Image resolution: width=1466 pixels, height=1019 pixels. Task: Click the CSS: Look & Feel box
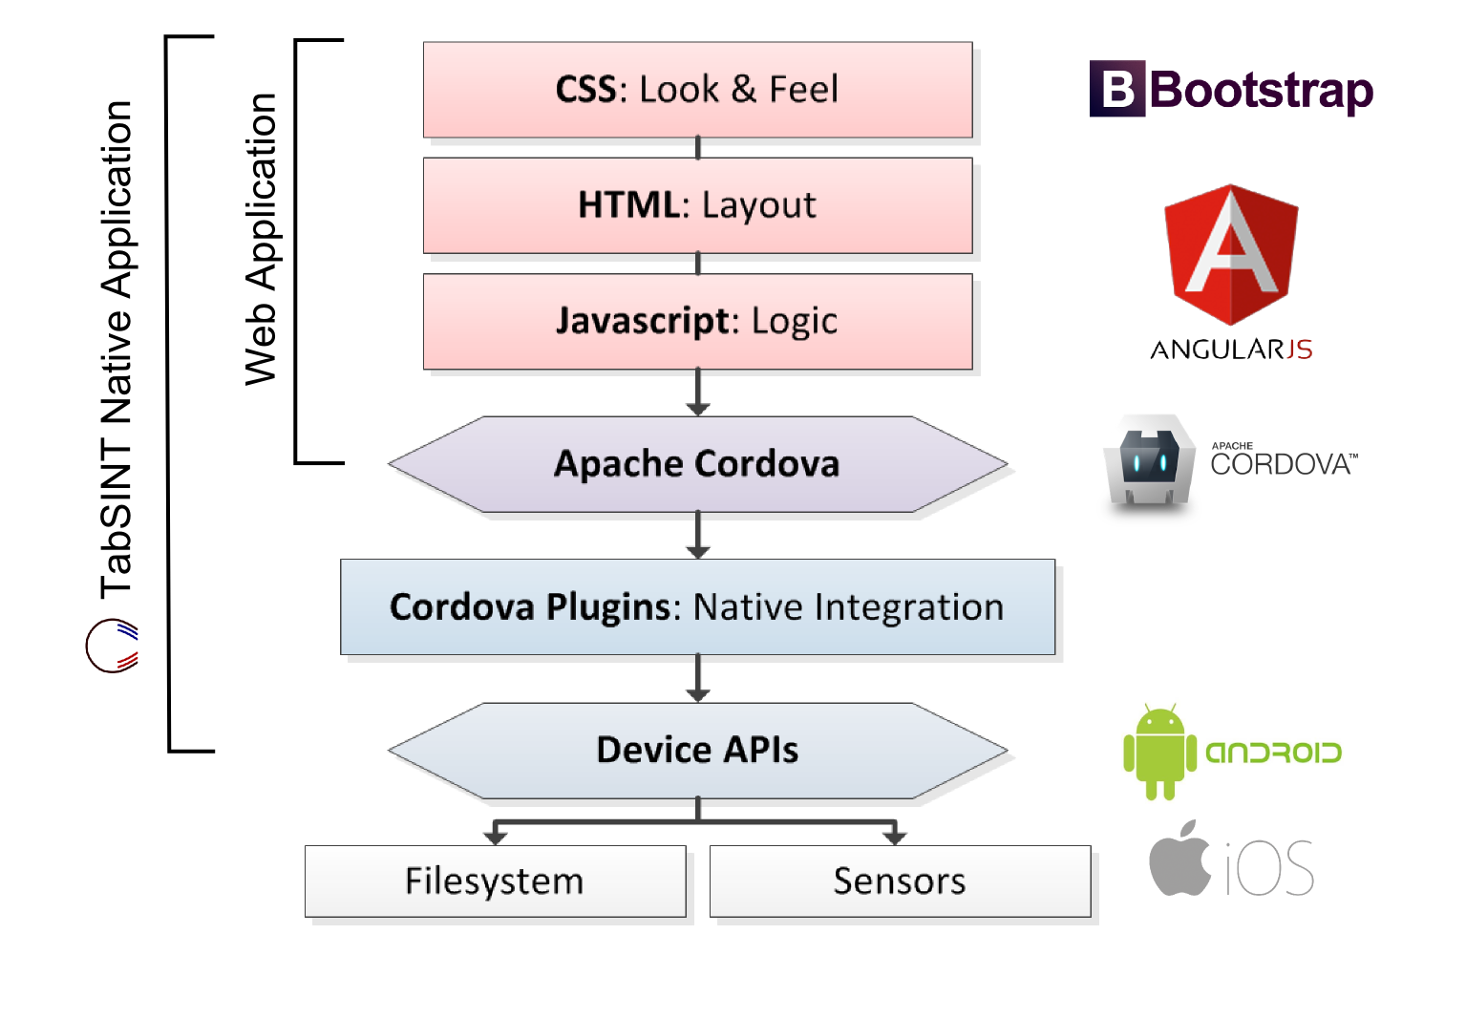tap(697, 90)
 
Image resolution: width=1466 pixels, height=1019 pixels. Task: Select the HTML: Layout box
tap(697, 205)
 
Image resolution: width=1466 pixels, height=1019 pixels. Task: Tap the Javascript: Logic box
tap(697, 322)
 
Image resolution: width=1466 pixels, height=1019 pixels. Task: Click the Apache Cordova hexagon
tap(697, 464)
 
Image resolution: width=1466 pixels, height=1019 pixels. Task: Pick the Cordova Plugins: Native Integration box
tap(697, 607)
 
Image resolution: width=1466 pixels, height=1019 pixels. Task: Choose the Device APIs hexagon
tap(697, 751)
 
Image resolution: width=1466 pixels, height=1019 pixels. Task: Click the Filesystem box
tap(495, 881)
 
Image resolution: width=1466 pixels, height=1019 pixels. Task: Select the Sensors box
tap(900, 881)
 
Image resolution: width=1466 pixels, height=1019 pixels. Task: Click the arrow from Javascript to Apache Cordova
tap(698, 393)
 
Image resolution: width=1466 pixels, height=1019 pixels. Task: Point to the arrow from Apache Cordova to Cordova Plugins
tap(698, 535)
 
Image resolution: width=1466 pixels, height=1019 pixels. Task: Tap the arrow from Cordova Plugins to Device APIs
tap(698, 678)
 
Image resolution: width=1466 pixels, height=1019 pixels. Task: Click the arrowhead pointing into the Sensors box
tap(894, 837)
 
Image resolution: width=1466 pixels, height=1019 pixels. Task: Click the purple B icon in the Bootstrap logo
tap(1117, 90)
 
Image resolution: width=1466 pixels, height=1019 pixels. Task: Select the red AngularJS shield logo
tap(1231, 253)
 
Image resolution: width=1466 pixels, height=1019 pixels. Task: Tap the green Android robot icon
tap(1159, 753)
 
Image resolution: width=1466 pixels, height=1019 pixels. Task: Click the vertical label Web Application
tap(261, 239)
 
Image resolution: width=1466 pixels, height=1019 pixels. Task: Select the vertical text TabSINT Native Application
tap(117, 349)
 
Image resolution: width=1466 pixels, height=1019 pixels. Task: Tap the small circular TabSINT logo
tap(112, 646)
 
